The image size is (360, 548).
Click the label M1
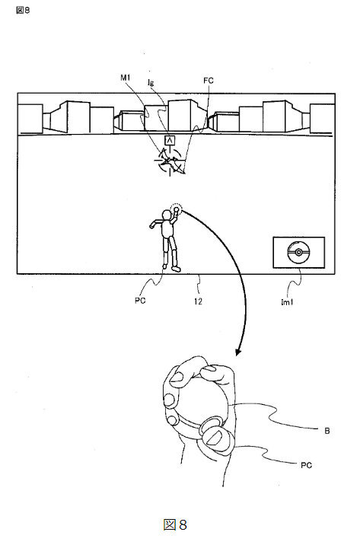(x=126, y=78)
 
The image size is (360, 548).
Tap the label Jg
(x=151, y=82)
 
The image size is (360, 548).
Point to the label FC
(x=209, y=81)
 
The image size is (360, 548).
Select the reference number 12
(x=198, y=301)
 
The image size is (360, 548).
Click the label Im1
(x=287, y=302)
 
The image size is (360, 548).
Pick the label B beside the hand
(x=327, y=431)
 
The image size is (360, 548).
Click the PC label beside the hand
(x=306, y=465)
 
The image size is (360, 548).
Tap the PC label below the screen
(x=140, y=301)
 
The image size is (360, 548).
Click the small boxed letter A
(x=170, y=141)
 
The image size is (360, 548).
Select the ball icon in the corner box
(x=298, y=253)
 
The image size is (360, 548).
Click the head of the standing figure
(x=167, y=214)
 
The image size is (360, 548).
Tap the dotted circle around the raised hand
(x=176, y=210)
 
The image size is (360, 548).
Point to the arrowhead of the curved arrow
(x=238, y=352)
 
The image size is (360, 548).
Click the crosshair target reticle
(x=170, y=161)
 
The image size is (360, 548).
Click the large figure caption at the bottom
(x=175, y=524)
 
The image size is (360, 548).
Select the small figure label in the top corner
(x=23, y=10)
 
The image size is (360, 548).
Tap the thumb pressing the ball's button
(x=216, y=437)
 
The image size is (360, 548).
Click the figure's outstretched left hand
(x=152, y=225)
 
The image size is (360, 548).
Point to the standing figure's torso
(x=167, y=228)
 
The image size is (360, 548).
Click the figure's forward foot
(x=176, y=269)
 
